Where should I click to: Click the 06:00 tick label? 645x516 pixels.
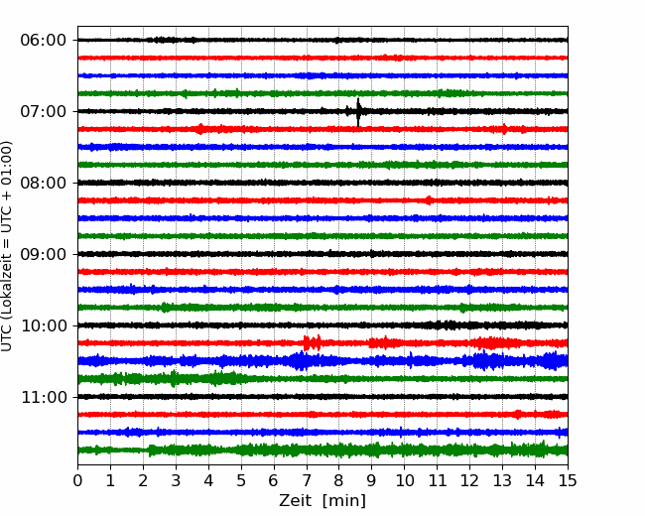tap(44, 41)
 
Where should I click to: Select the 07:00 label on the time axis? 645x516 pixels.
tap(44, 111)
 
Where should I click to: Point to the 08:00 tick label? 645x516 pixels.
tap(44, 184)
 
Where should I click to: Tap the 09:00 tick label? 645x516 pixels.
tap(44, 254)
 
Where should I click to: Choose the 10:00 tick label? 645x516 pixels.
tap(44, 325)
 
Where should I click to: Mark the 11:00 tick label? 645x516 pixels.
tap(44, 398)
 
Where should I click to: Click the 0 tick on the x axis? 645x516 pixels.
tap(77, 480)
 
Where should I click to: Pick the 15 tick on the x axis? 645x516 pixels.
tap(568, 480)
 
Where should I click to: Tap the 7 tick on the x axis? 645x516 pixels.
tap(307, 480)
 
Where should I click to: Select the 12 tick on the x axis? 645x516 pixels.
tap(469, 480)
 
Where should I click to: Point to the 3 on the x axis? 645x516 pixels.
tap(176, 480)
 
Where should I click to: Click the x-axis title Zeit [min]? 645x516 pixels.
tap(322, 501)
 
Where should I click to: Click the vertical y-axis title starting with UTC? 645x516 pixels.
tap(6, 246)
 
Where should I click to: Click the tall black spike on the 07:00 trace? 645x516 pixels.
tap(358, 112)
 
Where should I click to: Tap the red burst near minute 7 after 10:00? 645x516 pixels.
tap(312, 342)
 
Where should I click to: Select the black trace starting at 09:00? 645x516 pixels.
tap(322, 254)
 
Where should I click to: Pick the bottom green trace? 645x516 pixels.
tap(322, 450)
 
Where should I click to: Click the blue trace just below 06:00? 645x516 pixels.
tap(322, 75)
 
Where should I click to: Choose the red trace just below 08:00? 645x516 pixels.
tap(322, 200)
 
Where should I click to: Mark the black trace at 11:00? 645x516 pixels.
tap(322, 397)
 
